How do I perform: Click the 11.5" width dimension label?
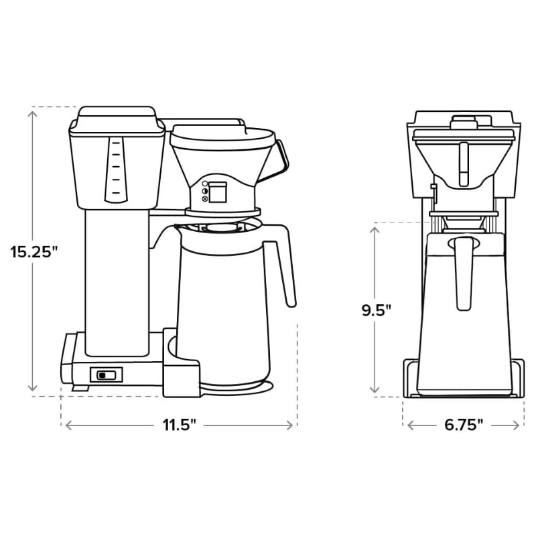pos(179,425)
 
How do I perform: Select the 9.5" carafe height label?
pos(377,310)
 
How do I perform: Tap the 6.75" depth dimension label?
pos(464,425)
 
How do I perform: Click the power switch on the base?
pos(107,375)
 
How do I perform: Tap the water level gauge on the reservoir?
pos(116,170)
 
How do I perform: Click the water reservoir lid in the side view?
pos(117,117)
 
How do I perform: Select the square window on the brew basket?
pos(217,192)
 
